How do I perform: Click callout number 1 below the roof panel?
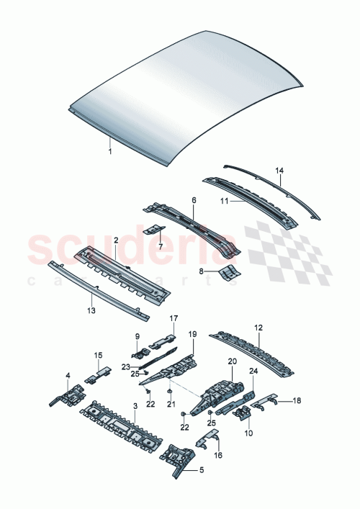110,152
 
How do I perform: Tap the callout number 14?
280,171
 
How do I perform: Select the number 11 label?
224,201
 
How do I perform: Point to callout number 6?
193,199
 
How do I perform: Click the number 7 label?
161,246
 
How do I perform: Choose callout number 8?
203,272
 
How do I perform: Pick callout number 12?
257,328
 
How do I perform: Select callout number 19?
192,334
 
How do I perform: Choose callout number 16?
218,456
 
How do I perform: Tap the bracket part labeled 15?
98,374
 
